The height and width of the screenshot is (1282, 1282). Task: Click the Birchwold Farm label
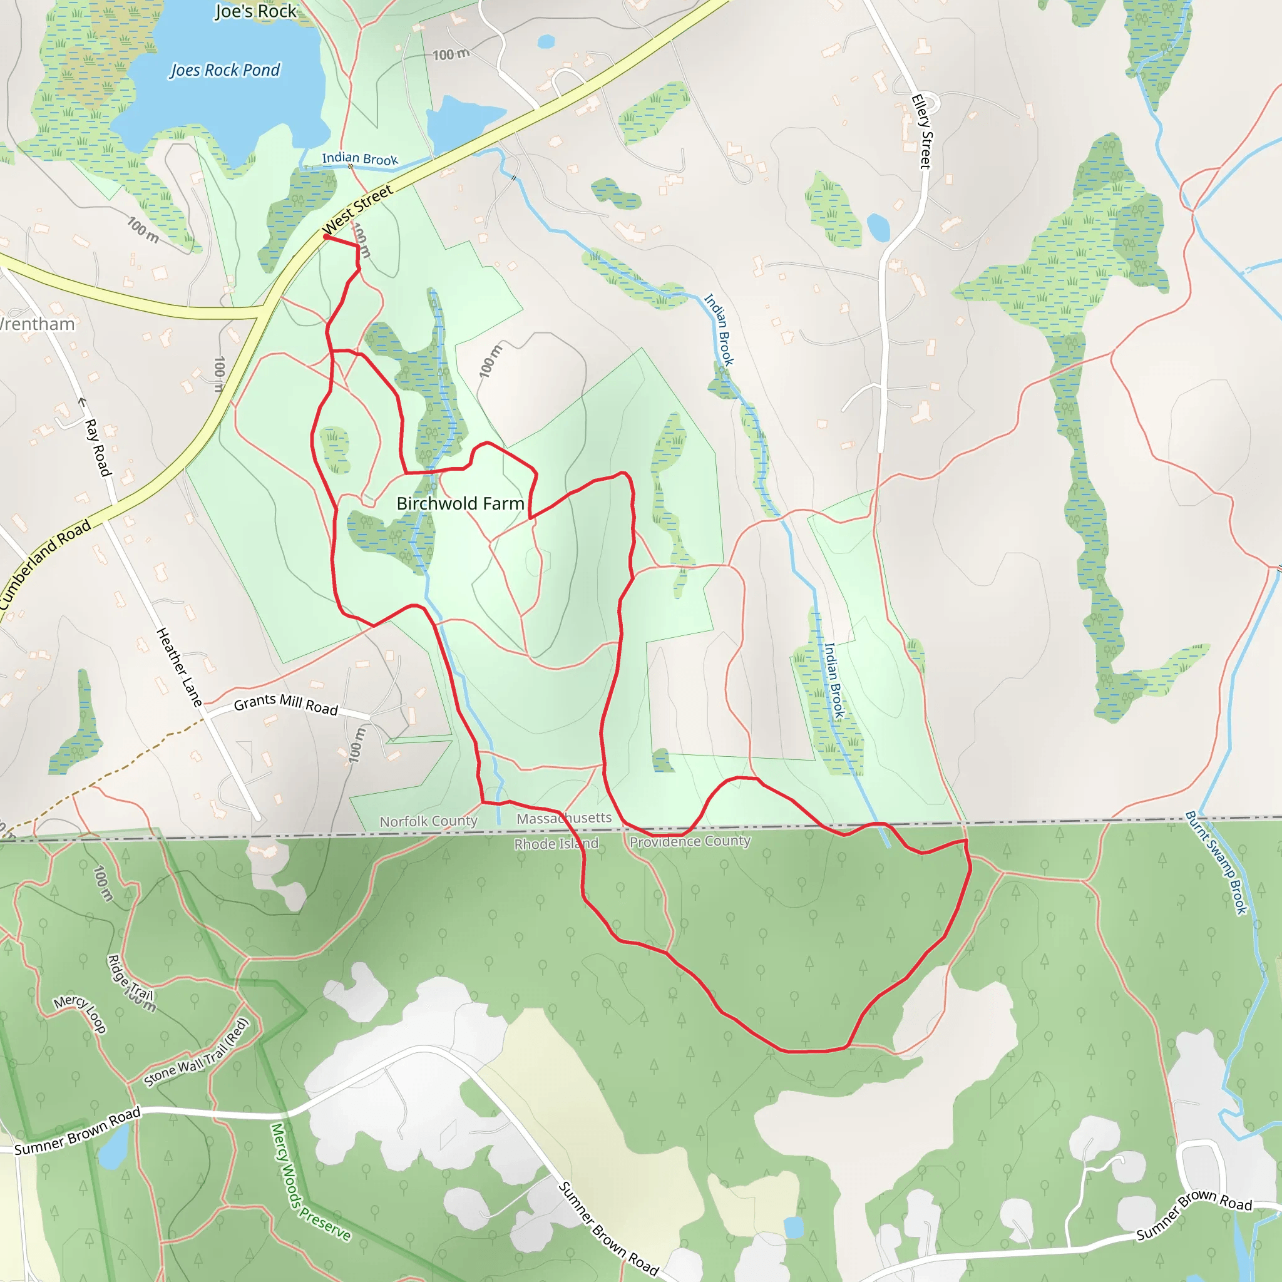(x=460, y=504)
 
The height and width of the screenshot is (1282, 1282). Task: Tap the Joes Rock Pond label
(x=225, y=70)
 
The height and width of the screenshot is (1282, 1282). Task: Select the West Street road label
(x=358, y=210)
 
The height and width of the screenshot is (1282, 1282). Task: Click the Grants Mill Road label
(x=286, y=704)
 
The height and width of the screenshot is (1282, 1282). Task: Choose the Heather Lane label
(x=178, y=666)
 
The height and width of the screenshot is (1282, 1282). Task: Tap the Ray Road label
(x=98, y=447)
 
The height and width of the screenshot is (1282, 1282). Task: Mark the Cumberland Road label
(x=45, y=564)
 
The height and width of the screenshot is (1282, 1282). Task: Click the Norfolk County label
(x=428, y=821)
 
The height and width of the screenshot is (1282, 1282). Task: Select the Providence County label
(x=690, y=841)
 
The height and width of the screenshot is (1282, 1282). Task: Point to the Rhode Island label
(x=556, y=844)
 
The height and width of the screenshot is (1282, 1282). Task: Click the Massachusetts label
(x=564, y=818)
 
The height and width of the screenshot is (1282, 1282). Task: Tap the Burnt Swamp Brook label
(x=1216, y=863)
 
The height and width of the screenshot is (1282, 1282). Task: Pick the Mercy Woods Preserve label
(x=310, y=1182)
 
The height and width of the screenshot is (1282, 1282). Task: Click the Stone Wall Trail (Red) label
(x=197, y=1053)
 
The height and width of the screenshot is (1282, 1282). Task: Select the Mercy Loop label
(x=80, y=1013)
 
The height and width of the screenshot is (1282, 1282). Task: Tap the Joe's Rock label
(x=255, y=11)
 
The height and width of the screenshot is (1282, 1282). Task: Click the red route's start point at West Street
(x=326, y=236)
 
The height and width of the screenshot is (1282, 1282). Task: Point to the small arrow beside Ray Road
(x=82, y=401)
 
